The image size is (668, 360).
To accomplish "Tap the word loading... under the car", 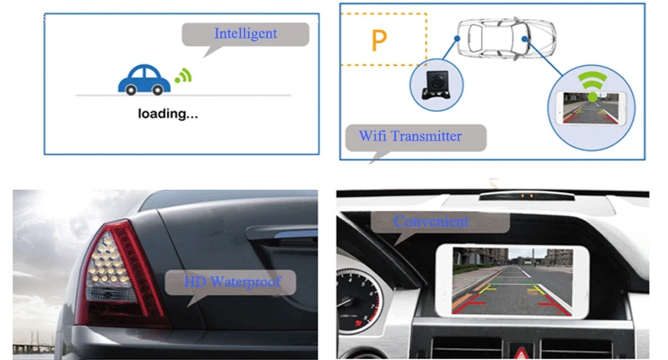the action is tap(168, 114).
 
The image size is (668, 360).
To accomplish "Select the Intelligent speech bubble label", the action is tap(245, 34).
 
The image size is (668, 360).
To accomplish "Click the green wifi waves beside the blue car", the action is tap(183, 77).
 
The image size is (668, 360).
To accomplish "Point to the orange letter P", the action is tap(378, 40).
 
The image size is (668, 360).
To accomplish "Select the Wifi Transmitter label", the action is tap(409, 136).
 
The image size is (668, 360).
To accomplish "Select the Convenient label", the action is tap(431, 221).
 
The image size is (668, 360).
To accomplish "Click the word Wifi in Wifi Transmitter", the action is tap(373, 136).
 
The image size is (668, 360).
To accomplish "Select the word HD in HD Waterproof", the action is tap(193, 281).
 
